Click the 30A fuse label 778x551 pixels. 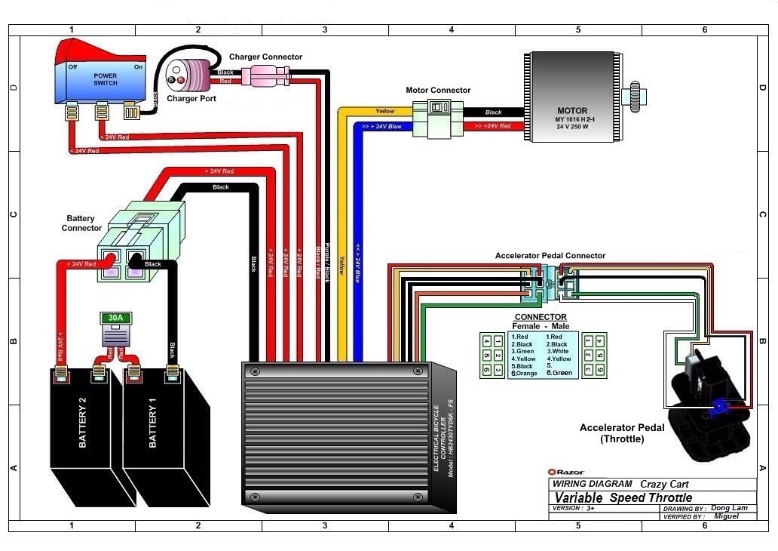tap(115, 318)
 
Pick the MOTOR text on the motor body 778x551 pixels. tap(572, 111)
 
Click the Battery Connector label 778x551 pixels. tap(81, 223)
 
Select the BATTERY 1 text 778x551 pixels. tap(153, 427)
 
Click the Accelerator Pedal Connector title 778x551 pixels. tap(550, 256)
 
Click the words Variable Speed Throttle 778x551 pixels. tap(623, 497)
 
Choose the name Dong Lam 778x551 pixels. tap(730, 508)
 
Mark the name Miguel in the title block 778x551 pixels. tap(727, 516)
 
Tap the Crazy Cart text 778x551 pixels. tap(664, 484)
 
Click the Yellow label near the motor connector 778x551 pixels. tap(384, 112)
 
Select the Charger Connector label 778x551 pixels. tap(265, 57)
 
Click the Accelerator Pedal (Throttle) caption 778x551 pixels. tap(622, 433)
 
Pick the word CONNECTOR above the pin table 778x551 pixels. tap(540, 317)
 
